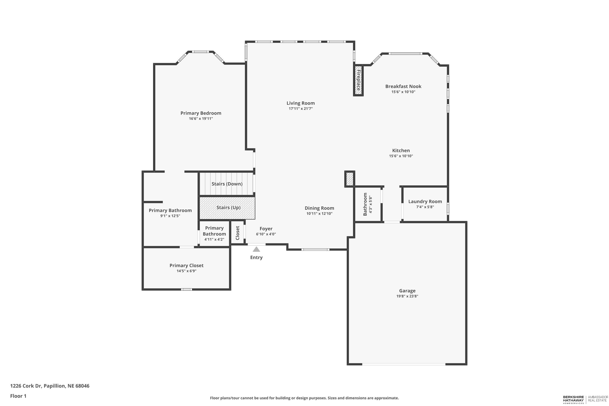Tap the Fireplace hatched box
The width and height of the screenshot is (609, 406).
click(358, 81)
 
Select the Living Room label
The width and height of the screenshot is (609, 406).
click(300, 103)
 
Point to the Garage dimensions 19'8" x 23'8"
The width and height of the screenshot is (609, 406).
click(407, 296)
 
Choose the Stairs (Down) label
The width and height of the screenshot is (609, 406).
click(227, 184)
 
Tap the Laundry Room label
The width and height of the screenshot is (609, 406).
click(425, 201)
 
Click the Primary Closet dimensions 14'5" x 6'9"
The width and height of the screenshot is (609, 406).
click(186, 271)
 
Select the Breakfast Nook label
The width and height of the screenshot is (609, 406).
click(403, 86)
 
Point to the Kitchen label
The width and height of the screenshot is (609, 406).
click(401, 150)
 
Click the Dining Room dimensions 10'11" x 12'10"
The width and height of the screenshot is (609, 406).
click(319, 214)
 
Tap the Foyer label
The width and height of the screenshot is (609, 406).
click(266, 229)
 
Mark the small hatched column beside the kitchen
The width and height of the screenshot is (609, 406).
click(350, 179)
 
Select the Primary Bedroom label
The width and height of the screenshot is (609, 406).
click(201, 113)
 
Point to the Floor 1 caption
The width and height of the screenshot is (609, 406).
click(18, 396)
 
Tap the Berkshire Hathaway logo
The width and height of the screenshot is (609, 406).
click(573, 400)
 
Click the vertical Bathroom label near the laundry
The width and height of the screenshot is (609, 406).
click(365, 204)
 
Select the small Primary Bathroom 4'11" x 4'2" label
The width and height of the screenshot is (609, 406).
click(214, 234)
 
